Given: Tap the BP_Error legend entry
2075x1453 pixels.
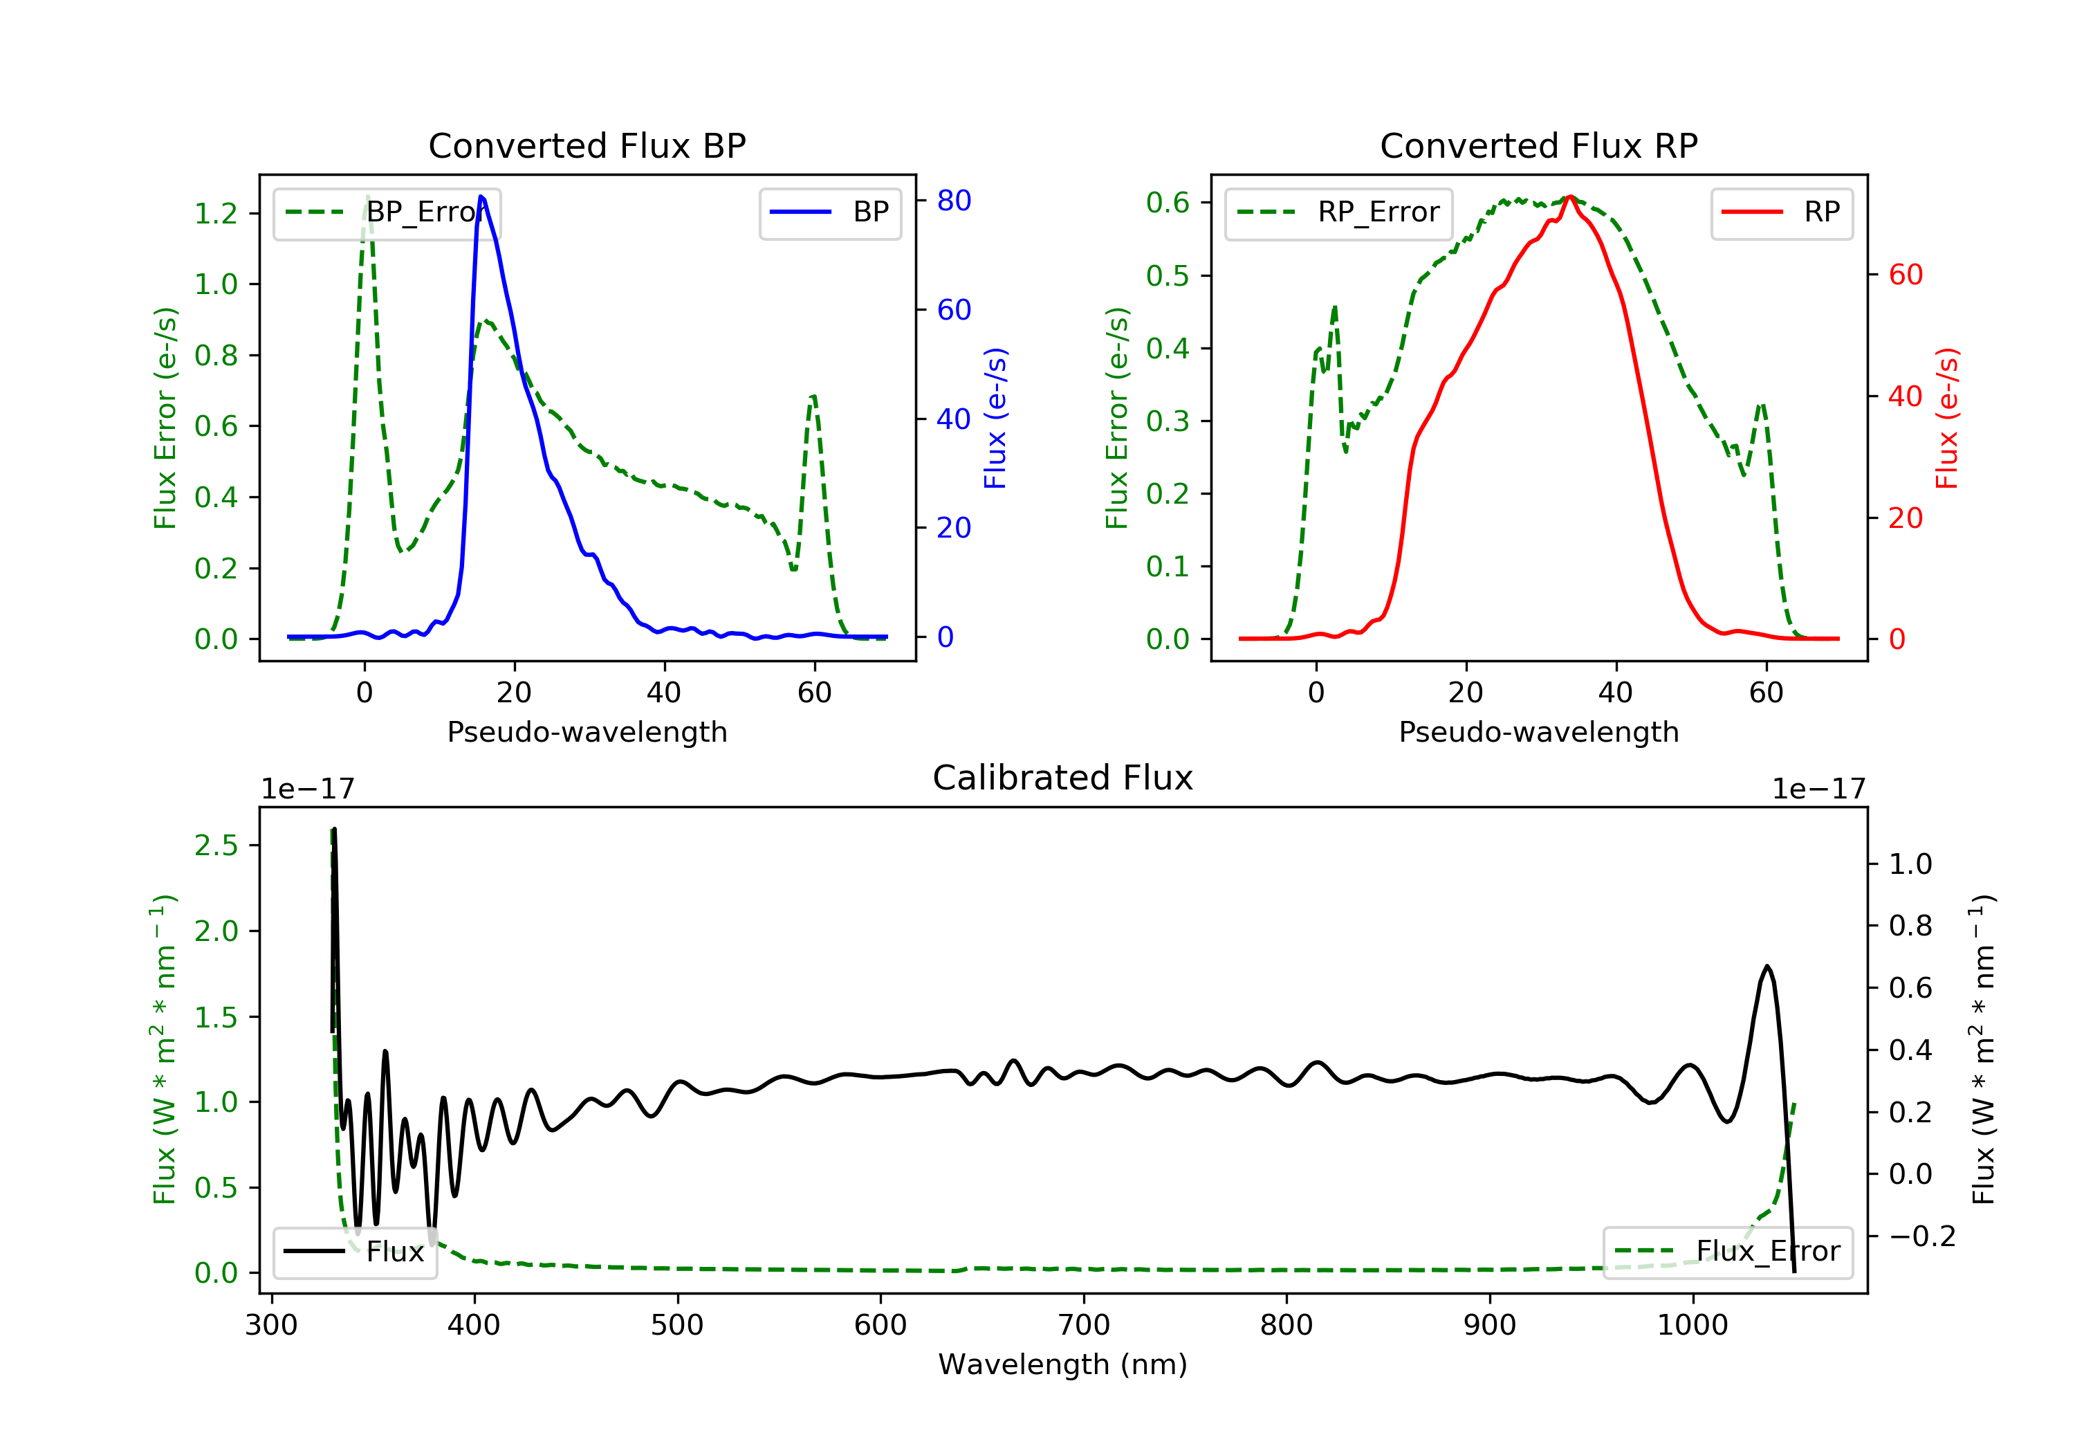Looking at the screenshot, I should point(387,212).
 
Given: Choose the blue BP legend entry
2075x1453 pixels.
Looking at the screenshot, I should point(829,212).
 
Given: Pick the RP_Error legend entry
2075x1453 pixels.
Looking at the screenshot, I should point(1338,212).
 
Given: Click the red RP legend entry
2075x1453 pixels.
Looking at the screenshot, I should point(1781,212).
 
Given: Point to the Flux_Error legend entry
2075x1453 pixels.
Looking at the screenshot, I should point(1727,1252).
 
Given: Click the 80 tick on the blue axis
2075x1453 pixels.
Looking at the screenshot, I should point(953,201).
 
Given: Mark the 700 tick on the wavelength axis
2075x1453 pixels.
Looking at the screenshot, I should point(1084,1326).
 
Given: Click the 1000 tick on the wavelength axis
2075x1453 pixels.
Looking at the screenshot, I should point(1692,1326).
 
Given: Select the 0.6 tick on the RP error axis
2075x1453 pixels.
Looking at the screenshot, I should point(1168,203).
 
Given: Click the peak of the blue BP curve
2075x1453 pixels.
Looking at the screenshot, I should point(481,197).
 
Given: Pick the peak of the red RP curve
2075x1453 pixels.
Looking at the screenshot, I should point(1571,197).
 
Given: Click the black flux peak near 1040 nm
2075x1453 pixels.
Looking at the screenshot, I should point(1767,967).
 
